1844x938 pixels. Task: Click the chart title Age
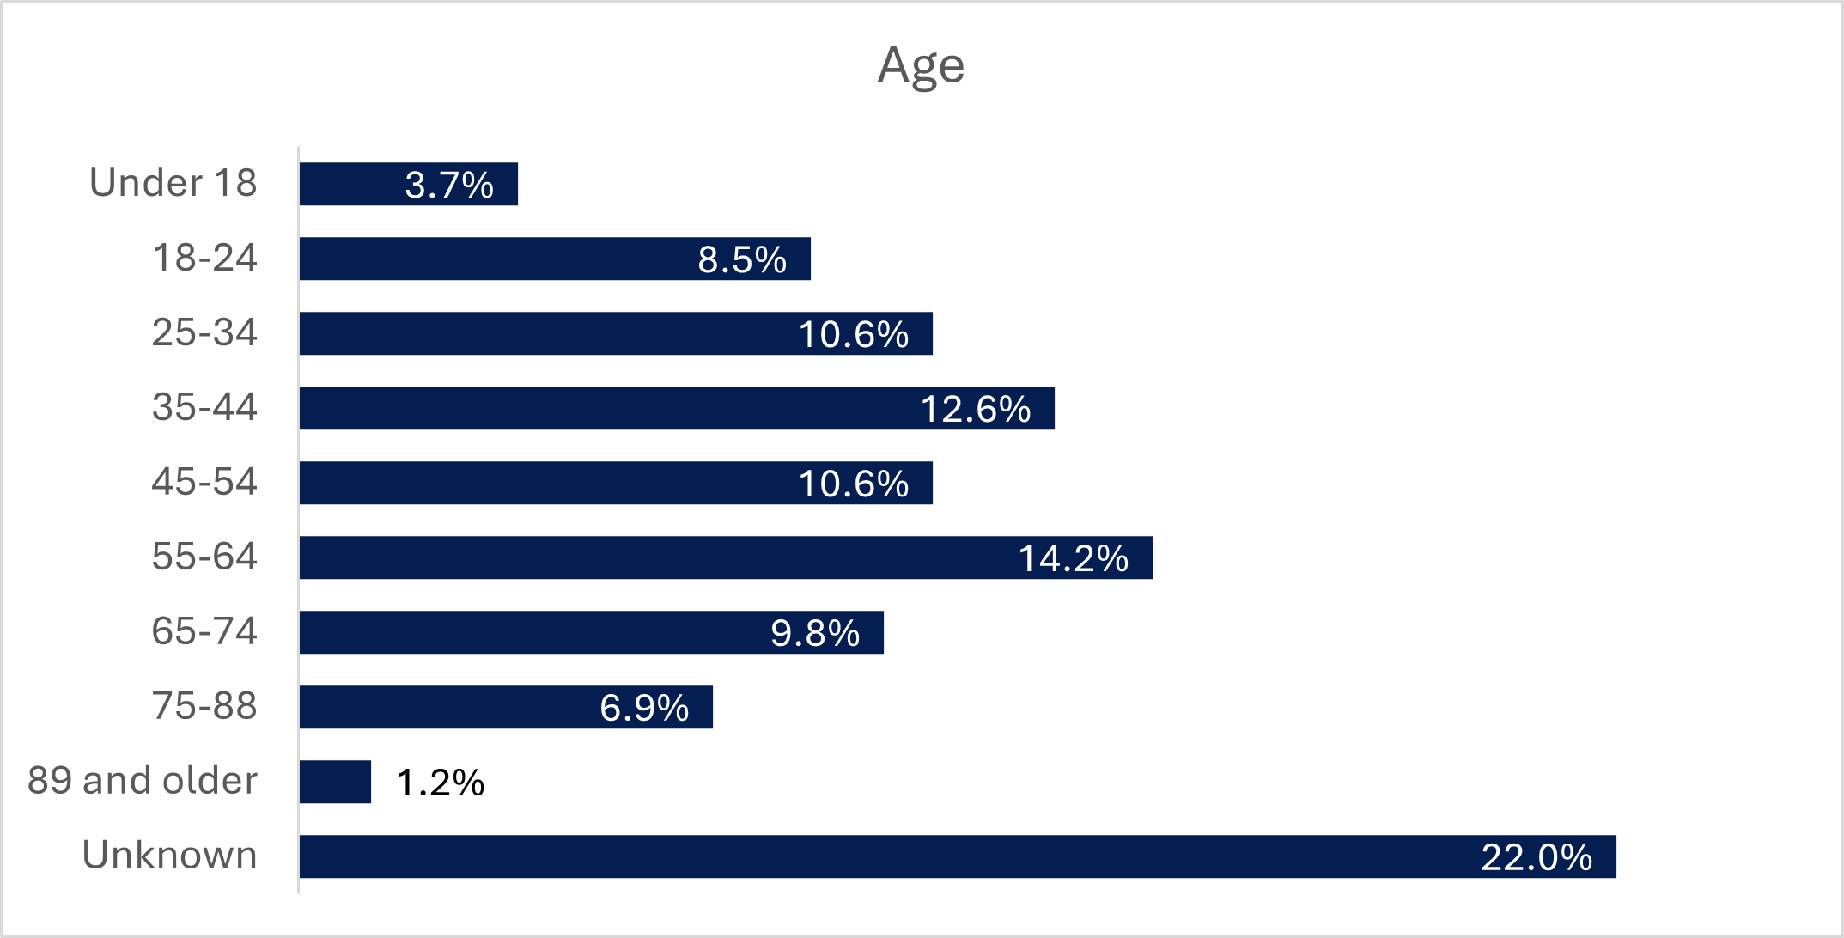pyautogui.click(x=921, y=65)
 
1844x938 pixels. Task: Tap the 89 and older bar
pyautogui.click(x=335, y=782)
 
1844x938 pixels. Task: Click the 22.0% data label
pyautogui.click(x=1537, y=857)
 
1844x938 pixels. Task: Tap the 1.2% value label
pyautogui.click(x=441, y=783)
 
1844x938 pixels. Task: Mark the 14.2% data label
pyautogui.click(x=1073, y=558)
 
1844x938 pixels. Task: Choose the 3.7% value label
pyautogui.click(x=449, y=185)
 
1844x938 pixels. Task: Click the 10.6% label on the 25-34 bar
pyautogui.click(x=854, y=334)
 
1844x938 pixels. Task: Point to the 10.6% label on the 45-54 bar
pyautogui.click(x=854, y=484)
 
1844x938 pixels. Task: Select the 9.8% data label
pyautogui.click(x=815, y=633)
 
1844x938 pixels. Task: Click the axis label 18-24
pyautogui.click(x=204, y=258)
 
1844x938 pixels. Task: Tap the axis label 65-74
pyautogui.click(x=204, y=631)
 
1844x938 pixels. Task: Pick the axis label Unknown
pyautogui.click(x=170, y=856)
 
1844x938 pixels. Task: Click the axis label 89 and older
pyautogui.click(x=143, y=781)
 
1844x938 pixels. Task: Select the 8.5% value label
pyautogui.click(x=742, y=259)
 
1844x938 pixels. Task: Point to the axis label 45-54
pyautogui.click(x=204, y=482)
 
